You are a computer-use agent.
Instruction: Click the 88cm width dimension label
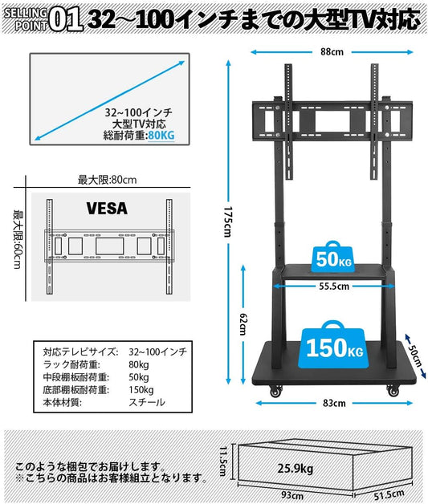(332, 52)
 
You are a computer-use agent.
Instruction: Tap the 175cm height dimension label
(228, 222)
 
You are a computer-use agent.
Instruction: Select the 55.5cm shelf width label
(334, 286)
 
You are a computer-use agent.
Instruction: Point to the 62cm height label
(243, 324)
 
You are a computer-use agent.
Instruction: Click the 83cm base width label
(334, 403)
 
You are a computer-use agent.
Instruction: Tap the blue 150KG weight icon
(334, 345)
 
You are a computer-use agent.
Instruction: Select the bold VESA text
(107, 209)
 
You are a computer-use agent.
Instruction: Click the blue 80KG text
(161, 136)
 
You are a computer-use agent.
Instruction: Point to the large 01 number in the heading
(66, 20)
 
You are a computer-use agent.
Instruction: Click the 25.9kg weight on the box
(296, 468)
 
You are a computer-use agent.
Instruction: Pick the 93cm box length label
(292, 494)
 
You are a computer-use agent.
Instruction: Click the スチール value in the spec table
(147, 402)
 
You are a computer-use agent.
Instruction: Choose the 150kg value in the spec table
(141, 390)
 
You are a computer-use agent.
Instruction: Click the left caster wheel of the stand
(275, 392)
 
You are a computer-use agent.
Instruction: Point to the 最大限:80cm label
(107, 180)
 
